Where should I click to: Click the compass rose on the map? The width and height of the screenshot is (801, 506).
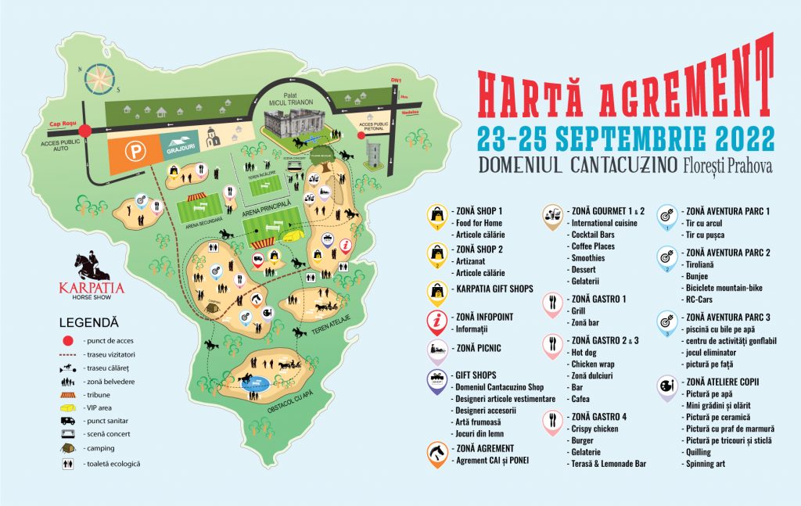coord(98,76)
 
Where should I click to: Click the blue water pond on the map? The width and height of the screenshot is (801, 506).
coord(254,384)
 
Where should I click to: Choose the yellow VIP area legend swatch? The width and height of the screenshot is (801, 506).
coord(67,407)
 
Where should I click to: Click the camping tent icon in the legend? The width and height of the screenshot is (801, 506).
coord(67,448)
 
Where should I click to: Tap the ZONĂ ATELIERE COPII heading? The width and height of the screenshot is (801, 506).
coord(721,382)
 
